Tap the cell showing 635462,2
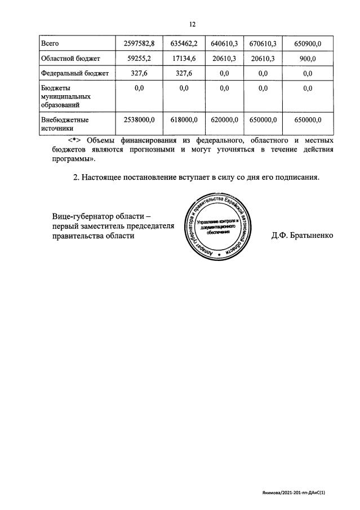pos(183,43)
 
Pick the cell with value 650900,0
pos(308,43)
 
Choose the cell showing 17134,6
pos(183,58)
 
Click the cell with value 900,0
pos(308,58)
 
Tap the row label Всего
pos(50,43)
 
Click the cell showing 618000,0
pos(183,119)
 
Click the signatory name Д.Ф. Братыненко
pos(302,236)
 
